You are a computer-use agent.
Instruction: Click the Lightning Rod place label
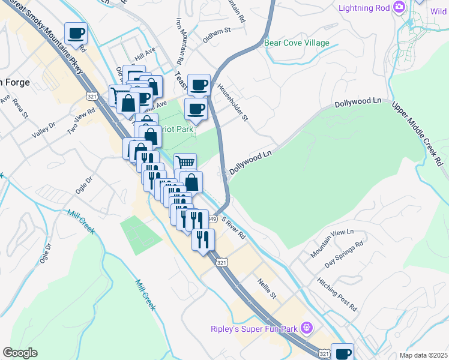[x=364, y=8]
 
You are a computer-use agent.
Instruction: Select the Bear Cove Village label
[x=297, y=43]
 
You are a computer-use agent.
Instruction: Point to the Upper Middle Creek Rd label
[x=418, y=133]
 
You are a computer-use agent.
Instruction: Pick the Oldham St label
[x=217, y=40]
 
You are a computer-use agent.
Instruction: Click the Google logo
[x=20, y=353]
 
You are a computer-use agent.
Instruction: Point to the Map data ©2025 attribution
[x=424, y=355]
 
